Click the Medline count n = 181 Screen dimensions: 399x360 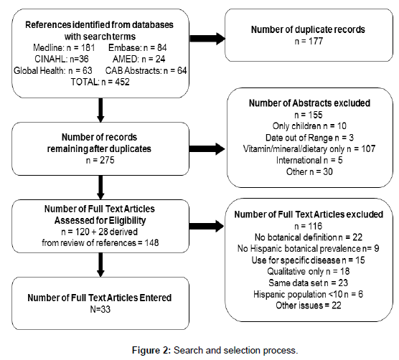(x=64, y=47)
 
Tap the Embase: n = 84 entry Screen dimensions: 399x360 (x=138, y=47)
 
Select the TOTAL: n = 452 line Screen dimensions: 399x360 (x=100, y=82)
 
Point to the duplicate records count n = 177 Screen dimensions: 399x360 (x=309, y=41)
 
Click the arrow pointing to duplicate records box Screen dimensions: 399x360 (x=207, y=39)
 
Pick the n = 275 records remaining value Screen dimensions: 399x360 (x=100, y=160)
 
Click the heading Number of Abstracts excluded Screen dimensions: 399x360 (x=309, y=103)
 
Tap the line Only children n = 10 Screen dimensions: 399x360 (x=309, y=125)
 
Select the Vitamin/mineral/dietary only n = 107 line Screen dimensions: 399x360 (x=309, y=148)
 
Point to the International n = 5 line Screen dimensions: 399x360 (x=309, y=160)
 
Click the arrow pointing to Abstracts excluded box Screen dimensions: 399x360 (x=207, y=148)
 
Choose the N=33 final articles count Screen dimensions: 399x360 (x=100, y=309)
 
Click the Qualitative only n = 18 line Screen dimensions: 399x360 (x=309, y=271)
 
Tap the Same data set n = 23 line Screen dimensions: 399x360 (x=309, y=283)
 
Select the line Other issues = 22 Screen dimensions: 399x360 (x=309, y=305)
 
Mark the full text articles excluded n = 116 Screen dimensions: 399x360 (x=309, y=226)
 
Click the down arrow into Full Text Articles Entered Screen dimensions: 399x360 (x=100, y=265)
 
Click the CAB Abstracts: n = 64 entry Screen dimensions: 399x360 (x=146, y=70)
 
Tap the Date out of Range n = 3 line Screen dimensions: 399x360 (x=309, y=138)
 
